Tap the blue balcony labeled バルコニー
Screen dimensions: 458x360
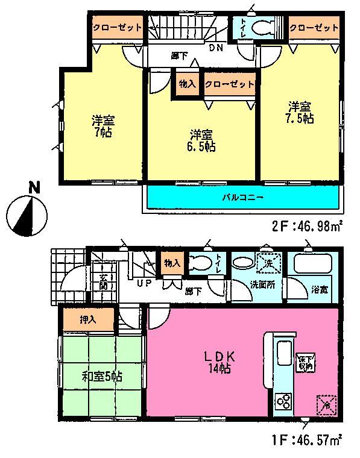click(x=241, y=197)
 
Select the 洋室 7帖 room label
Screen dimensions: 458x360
click(x=100, y=126)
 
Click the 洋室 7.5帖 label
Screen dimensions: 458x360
click(x=299, y=113)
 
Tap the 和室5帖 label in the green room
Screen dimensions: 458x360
click(x=102, y=377)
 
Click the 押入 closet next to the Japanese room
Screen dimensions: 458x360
click(x=88, y=319)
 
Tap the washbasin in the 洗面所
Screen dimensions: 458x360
click(x=244, y=264)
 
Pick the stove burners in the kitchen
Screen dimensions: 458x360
click(x=283, y=401)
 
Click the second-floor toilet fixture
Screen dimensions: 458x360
click(x=261, y=28)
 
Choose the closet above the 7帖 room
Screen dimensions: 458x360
click(x=117, y=27)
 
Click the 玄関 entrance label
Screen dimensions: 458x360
click(x=103, y=281)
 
